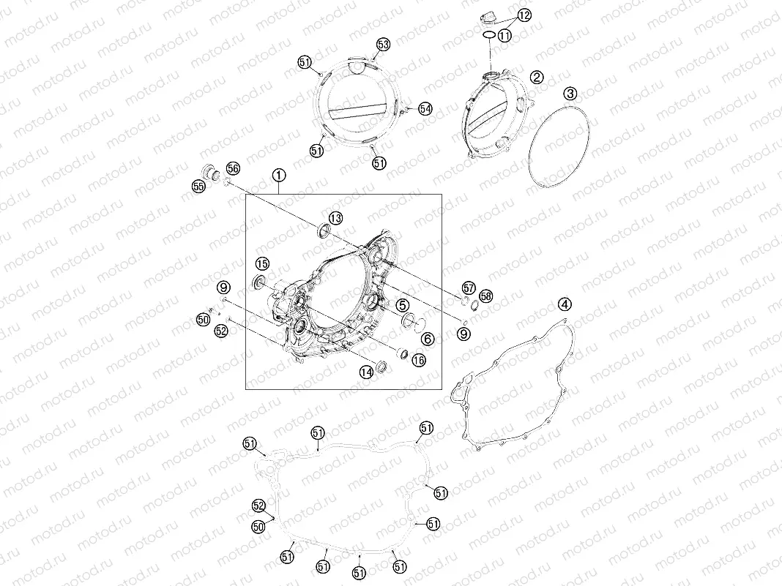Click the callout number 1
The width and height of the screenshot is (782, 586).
279,175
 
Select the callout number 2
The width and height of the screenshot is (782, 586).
537,78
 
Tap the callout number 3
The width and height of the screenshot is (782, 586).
570,93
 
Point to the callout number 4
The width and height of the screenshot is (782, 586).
565,304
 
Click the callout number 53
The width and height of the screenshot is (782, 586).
383,45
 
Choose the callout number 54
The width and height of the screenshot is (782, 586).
425,108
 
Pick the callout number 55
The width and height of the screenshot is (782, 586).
198,187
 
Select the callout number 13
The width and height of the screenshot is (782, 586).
335,218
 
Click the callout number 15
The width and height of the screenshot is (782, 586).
262,263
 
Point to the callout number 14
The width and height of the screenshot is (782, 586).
367,372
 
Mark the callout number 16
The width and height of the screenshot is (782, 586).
418,360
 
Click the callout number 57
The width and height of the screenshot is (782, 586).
469,288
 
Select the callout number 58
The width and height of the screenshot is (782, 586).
485,296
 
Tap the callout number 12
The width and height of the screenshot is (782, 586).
524,15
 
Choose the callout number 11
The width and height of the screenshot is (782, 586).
504,35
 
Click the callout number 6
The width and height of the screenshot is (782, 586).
428,339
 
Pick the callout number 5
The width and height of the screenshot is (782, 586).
403,305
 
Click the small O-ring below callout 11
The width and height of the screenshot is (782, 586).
489,35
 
